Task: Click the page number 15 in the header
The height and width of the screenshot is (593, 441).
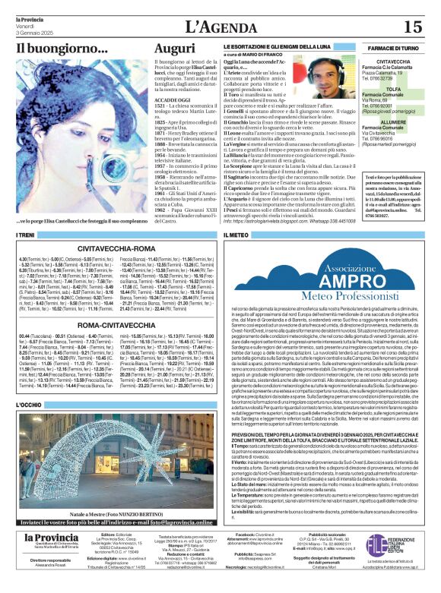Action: tap(413, 27)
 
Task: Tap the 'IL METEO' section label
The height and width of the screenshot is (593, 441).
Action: tap(239, 236)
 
